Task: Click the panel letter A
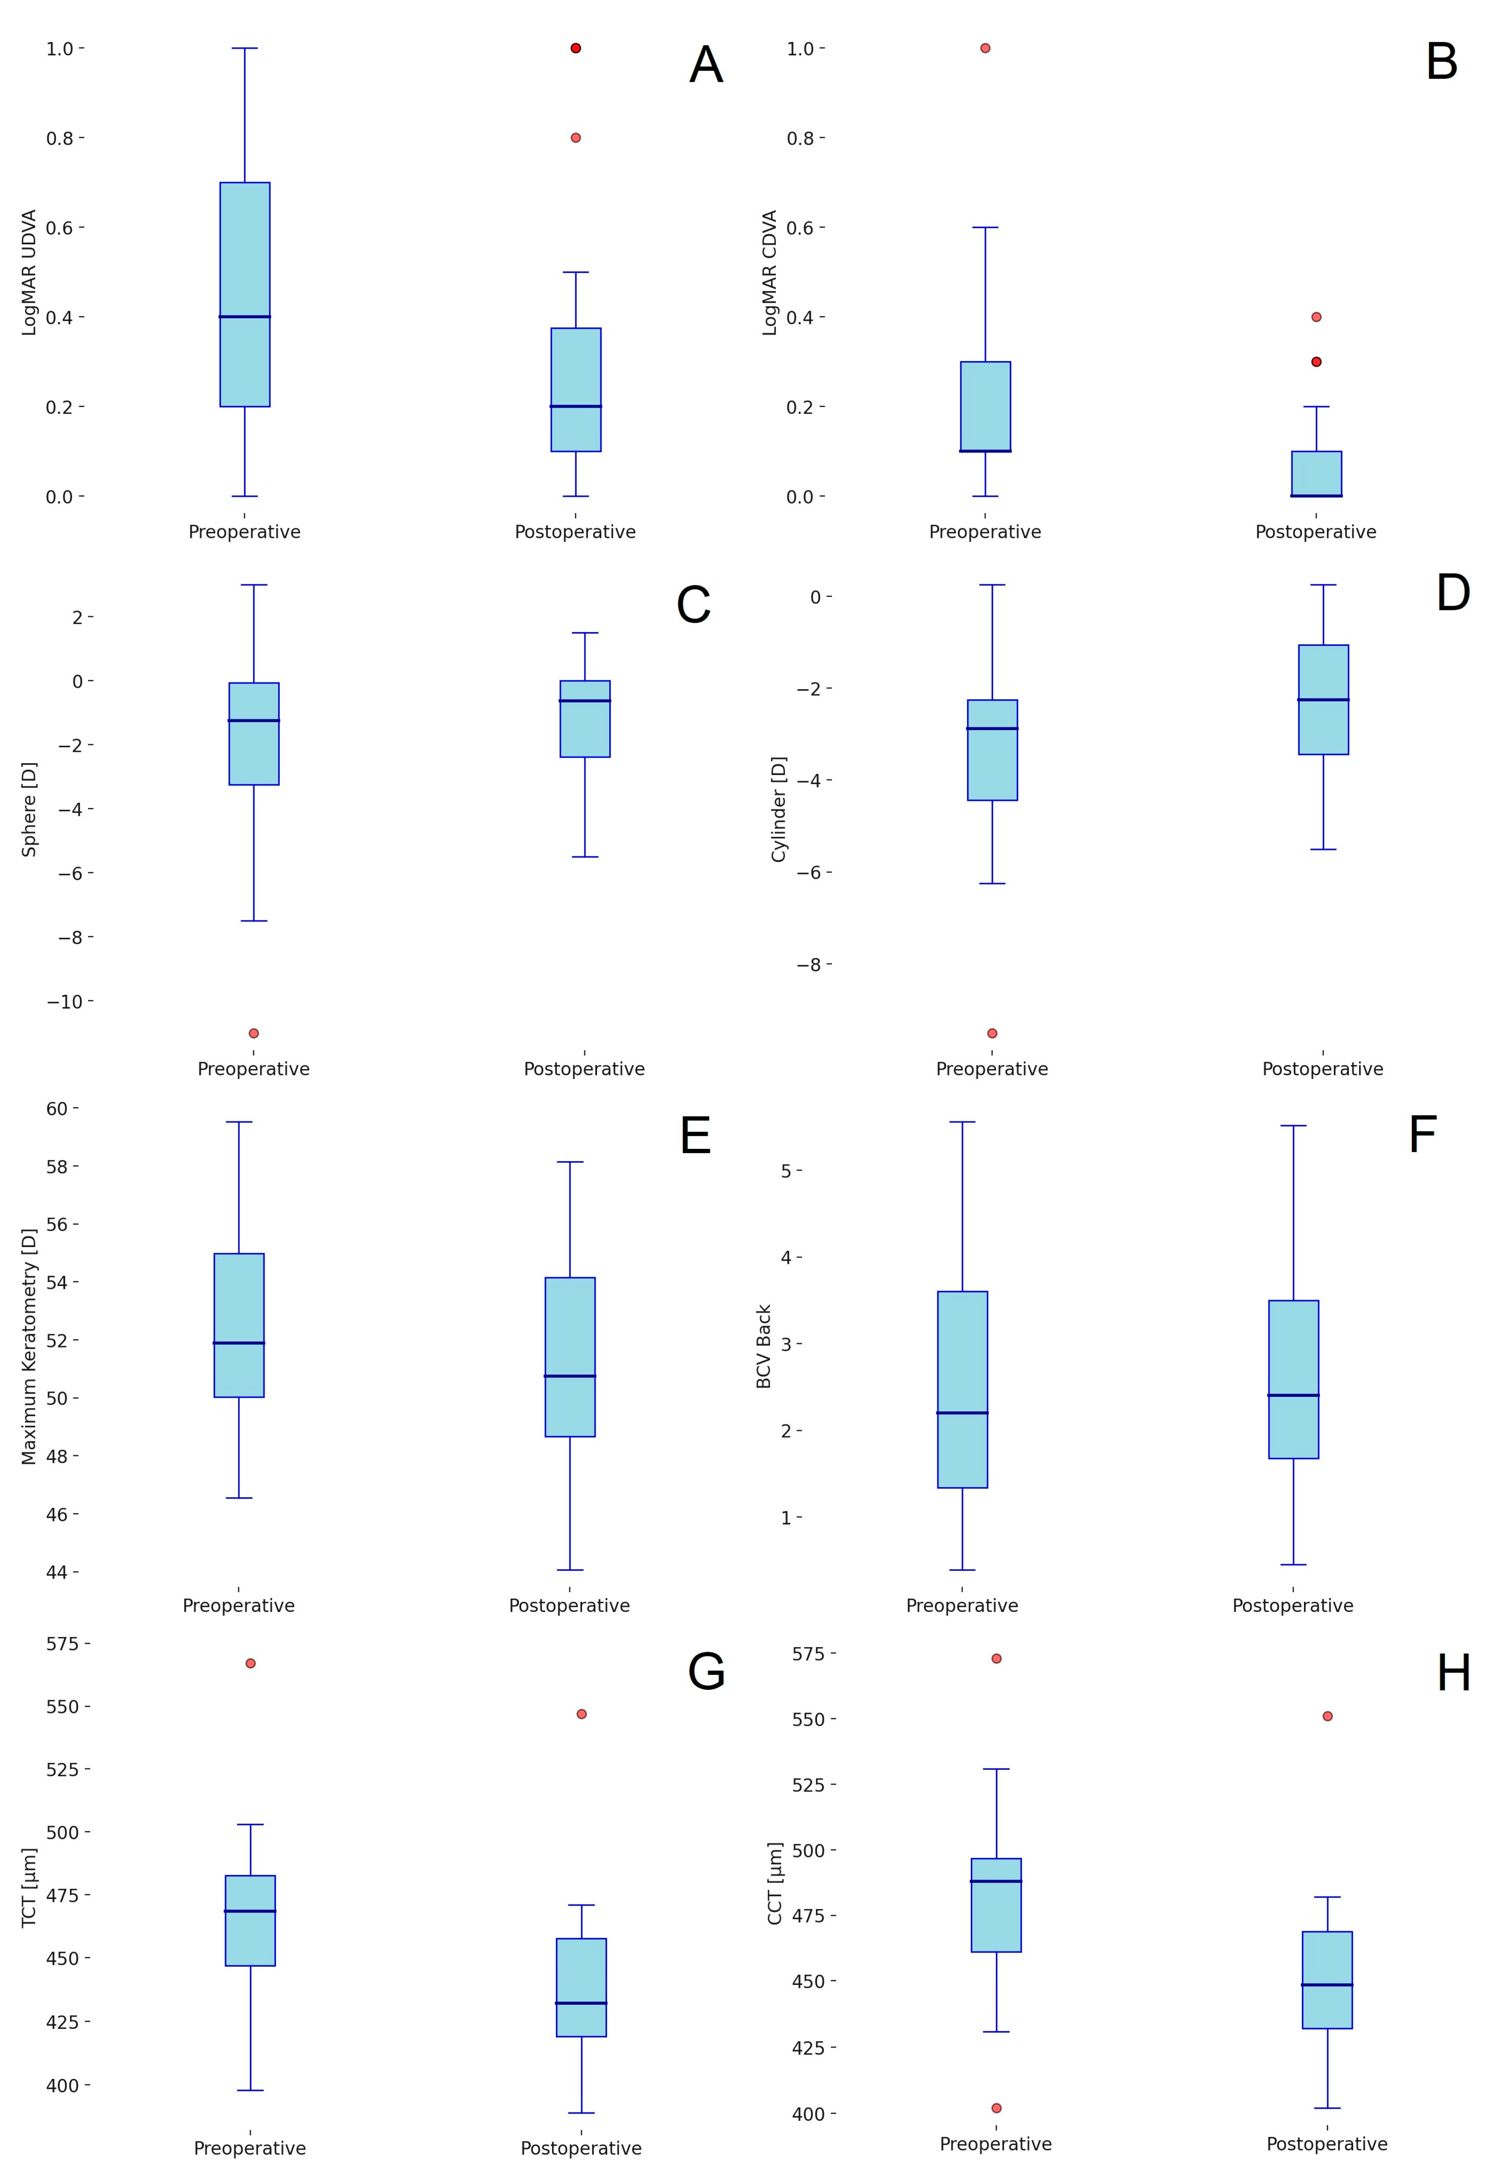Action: coord(706,66)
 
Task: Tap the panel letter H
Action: coord(1453,1674)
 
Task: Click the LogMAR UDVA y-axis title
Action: coord(29,273)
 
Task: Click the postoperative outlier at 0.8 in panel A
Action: coord(575,138)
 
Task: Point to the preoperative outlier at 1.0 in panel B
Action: coord(985,48)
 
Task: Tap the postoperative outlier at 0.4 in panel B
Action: coord(1316,317)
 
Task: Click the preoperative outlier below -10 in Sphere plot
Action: coord(254,1033)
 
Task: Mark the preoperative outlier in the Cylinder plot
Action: coord(992,1033)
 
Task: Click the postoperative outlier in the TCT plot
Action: coord(582,1714)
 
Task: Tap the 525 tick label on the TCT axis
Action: coord(68,1770)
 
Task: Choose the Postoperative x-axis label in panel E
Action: coord(569,1606)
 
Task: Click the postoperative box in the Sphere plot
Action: coord(585,719)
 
